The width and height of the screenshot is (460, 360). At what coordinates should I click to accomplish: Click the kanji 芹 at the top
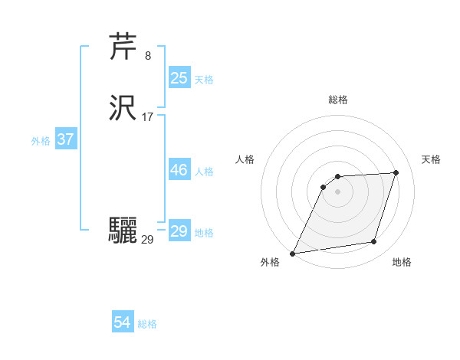123,47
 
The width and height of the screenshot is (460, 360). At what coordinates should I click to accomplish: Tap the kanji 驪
123,230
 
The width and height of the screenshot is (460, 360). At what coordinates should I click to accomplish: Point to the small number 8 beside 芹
147,55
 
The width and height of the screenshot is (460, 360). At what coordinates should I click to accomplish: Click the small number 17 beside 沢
148,117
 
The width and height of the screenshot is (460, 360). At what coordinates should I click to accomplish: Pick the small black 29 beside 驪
147,239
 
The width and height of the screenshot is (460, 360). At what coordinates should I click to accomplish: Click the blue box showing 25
179,78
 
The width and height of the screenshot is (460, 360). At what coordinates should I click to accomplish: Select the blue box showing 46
179,170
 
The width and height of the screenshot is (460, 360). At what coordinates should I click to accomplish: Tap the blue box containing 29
179,231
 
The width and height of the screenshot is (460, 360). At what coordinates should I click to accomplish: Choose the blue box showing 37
65,139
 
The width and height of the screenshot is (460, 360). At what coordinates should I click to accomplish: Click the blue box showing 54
122,322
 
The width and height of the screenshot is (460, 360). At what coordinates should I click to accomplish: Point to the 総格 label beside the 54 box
147,324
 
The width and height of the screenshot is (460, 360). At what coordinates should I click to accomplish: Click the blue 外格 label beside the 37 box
41,141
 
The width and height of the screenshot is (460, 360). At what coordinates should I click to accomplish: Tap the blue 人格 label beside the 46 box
204,172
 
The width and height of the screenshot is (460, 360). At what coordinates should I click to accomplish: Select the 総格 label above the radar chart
337,100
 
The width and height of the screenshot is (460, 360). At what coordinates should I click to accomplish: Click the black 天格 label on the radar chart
431,159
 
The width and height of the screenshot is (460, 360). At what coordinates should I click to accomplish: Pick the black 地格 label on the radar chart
402,262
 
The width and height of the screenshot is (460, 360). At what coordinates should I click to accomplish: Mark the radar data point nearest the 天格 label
396,173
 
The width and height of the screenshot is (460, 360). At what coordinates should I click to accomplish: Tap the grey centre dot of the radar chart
337,191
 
